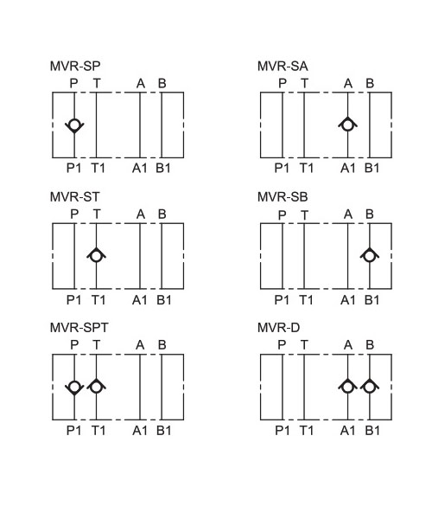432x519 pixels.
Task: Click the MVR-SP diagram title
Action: (75, 66)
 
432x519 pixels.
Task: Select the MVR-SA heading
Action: (283, 66)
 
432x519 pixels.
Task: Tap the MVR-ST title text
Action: (74, 197)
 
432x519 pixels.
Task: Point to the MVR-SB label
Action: (283, 197)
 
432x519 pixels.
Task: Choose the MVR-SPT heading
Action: (79, 328)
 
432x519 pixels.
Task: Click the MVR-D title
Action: (278, 328)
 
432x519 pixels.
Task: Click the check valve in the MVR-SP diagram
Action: (74, 125)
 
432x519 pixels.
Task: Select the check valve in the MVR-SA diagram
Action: (347, 125)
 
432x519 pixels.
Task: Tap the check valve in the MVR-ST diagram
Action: (96, 255)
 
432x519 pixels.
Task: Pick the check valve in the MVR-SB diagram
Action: (370, 255)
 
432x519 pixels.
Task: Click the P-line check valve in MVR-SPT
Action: (74, 387)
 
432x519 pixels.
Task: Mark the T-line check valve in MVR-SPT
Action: (96, 386)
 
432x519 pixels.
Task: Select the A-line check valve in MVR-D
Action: (347, 386)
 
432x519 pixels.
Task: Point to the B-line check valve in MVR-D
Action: (370, 386)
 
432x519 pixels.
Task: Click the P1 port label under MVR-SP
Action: (73, 168)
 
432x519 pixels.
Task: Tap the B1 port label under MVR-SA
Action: (372, 168)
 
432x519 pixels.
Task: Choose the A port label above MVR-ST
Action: (141, 215)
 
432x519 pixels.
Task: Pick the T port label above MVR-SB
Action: (304, 215)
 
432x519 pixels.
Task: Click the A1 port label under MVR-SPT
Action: (140, 431)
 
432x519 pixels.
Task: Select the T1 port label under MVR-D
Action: (307, 431)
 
